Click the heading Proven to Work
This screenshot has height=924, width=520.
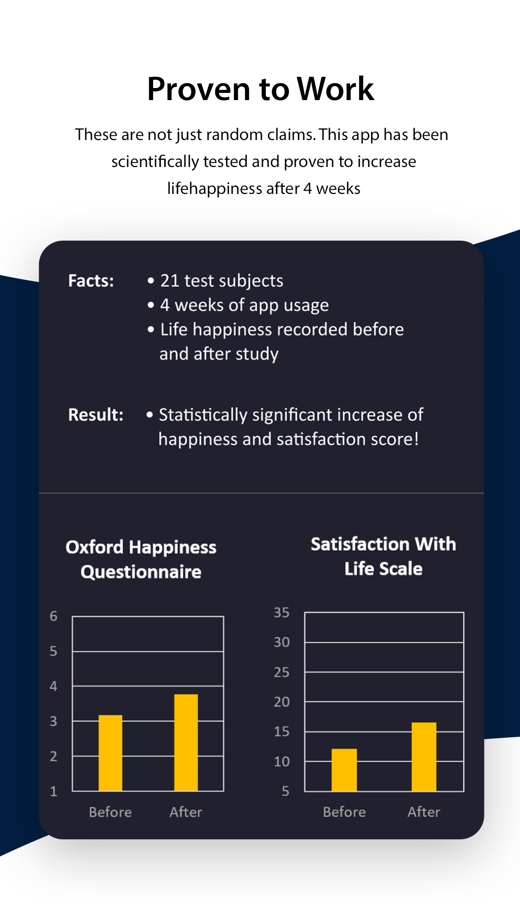(x=260, y=89)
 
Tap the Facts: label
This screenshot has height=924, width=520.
(x=91, y=281)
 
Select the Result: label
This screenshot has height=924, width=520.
(x=96, y=414)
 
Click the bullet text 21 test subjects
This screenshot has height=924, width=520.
(x=221, y=281)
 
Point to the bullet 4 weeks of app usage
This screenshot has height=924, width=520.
(x=244, y=306)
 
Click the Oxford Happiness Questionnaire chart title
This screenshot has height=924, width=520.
(x=141, y=559)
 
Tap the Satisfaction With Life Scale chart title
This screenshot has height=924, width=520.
(x=383, y=556)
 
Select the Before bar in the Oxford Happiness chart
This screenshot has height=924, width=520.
(x=110, y=753)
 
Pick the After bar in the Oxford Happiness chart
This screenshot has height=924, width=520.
(x=186, y=743)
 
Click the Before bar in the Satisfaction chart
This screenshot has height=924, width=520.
(x=344, y=770)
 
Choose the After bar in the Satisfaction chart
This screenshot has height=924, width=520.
(x=424, y=757)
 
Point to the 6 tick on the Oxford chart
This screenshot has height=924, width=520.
(x=53, y=616)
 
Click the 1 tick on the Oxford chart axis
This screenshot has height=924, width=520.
(x=53, y=791)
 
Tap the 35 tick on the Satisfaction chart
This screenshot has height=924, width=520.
(x=282, y=613)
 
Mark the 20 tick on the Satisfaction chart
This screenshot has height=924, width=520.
(x=282, y=702)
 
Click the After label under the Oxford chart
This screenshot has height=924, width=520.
(x=186, y=812)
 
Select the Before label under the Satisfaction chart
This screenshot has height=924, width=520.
(x=344, y=812)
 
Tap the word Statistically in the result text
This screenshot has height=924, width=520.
(x=203, y=415)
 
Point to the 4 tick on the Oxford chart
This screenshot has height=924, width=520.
(x=53, y=686)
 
